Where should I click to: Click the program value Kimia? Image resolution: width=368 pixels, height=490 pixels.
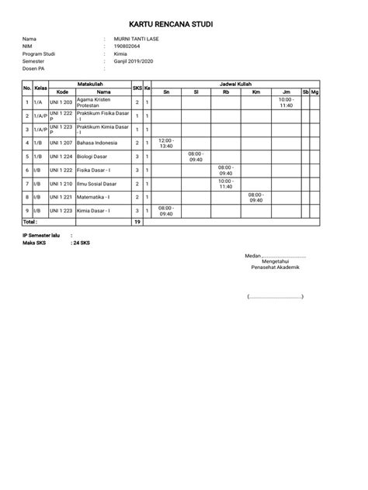coord(120,53)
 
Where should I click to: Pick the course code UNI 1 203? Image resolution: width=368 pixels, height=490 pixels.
coord(61,102)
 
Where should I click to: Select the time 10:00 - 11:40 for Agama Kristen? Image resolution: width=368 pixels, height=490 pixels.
coord(286,102)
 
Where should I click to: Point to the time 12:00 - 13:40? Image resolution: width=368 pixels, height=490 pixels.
coord(166,143)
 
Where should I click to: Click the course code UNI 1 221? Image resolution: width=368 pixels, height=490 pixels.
coord(61,197)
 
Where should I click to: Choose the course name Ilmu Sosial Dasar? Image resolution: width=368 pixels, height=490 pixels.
coord(96,184)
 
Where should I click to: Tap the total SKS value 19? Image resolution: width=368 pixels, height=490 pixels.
coord(137,222)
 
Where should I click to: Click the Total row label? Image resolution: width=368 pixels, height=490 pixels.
coord(30,222)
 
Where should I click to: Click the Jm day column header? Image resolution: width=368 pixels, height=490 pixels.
coord(286,91)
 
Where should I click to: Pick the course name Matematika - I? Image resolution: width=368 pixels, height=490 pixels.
coord(94,197)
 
